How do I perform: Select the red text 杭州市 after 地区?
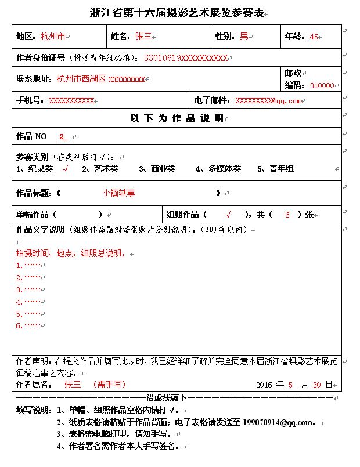53,37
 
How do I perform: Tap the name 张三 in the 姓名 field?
143,37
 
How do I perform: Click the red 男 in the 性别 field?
244,37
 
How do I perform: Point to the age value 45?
314,37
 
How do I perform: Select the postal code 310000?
322,85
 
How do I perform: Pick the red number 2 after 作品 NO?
61,137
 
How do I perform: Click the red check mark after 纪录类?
66,169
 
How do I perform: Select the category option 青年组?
282,169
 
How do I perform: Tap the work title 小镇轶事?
118,193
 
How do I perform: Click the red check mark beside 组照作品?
228,214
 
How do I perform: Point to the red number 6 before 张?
287,214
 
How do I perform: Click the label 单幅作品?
33,214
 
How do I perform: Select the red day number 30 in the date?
316,384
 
